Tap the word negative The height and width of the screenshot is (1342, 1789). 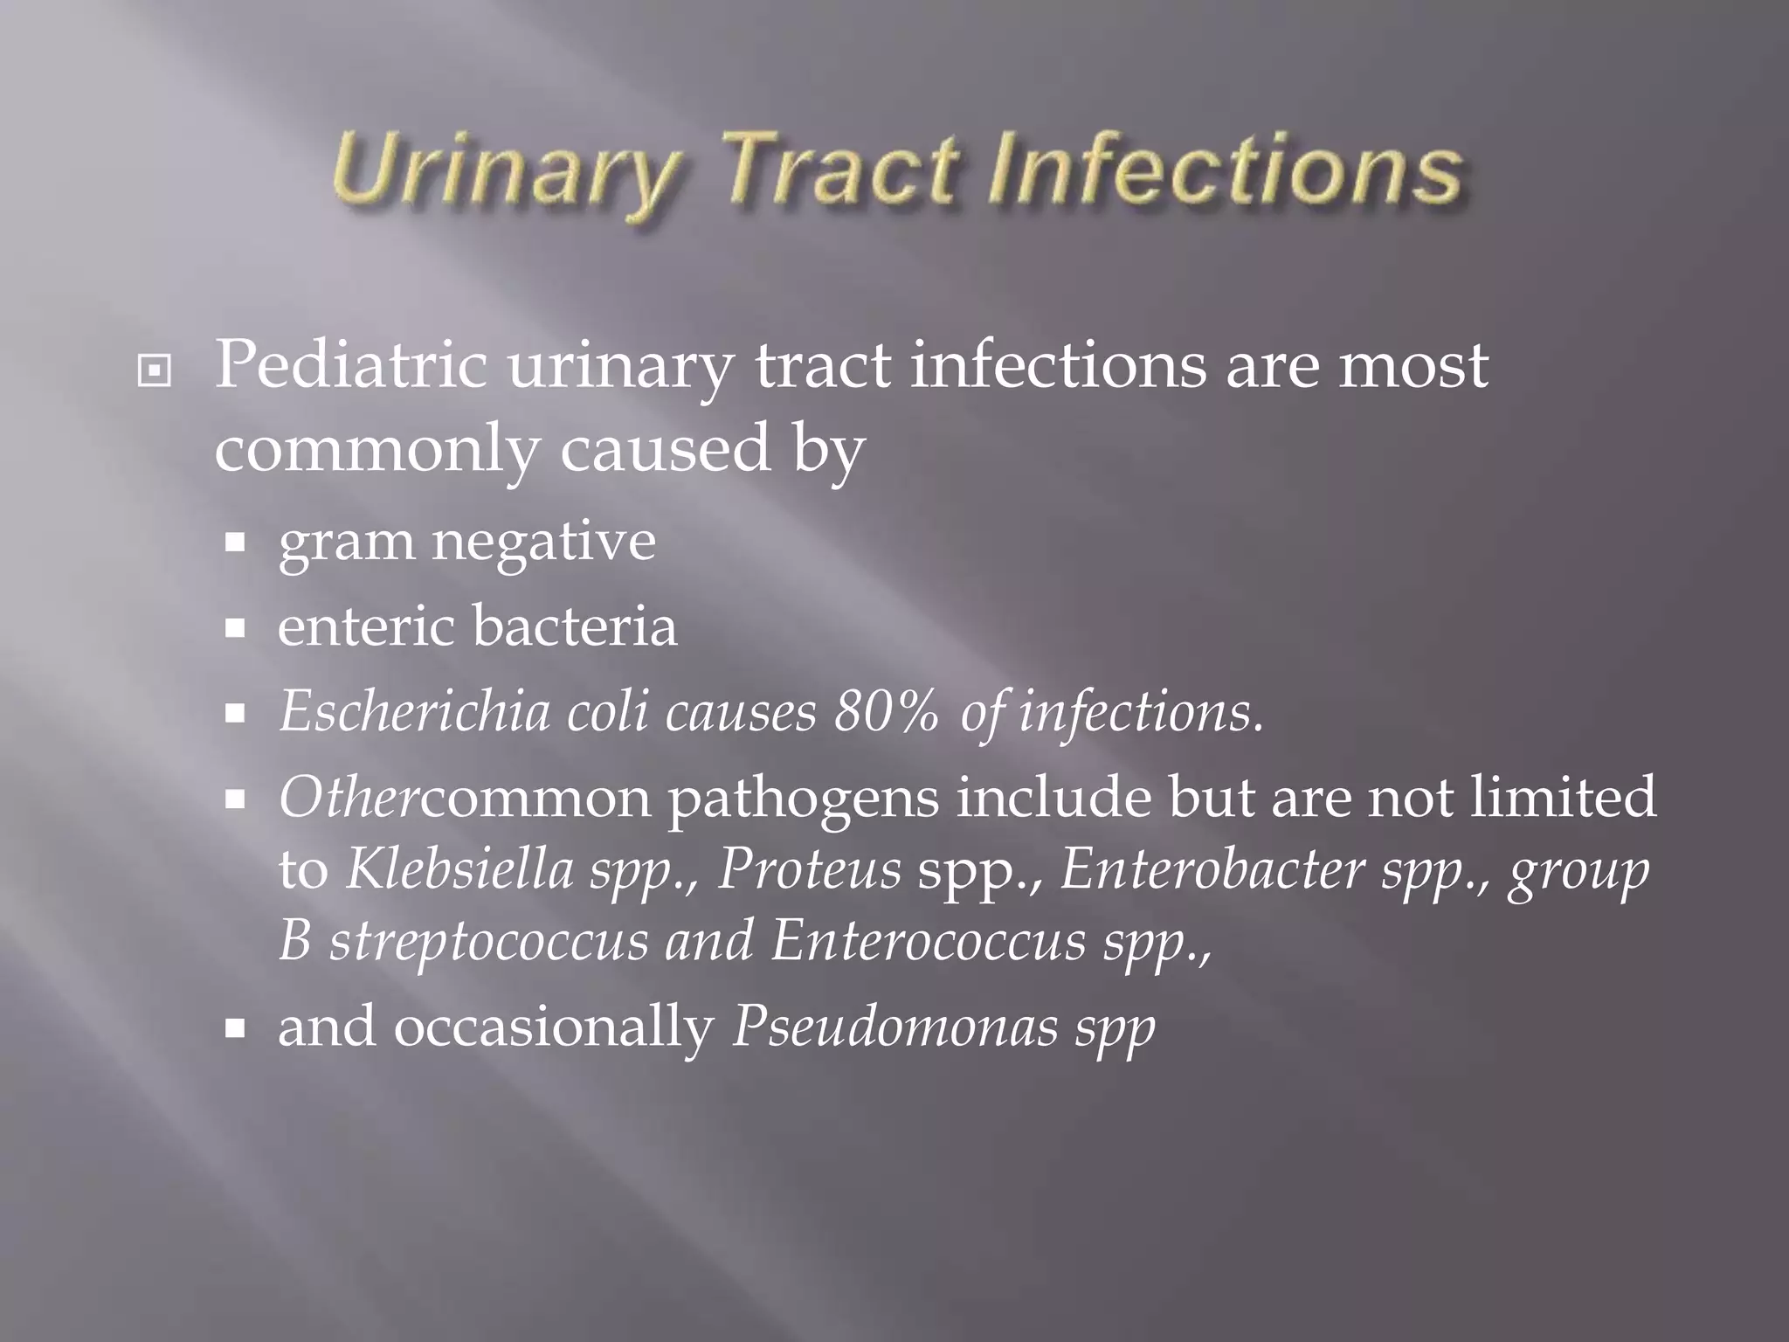[x=543, y=541]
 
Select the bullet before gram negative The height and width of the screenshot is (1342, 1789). [x=234, y=543]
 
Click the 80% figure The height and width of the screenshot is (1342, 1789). [x=886, y=712]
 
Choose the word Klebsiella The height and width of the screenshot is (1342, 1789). [x=459, y=870]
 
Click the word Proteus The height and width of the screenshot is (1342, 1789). [x=809, y=870]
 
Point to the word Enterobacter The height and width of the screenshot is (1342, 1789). [x=1212, y=870]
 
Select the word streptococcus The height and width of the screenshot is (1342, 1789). [x=488, y=942]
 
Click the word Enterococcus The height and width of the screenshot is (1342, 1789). [x=928, y=942]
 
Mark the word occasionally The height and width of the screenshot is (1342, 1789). [x=554, y=1027]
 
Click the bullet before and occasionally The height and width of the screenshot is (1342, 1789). [x=234, y=1029]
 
